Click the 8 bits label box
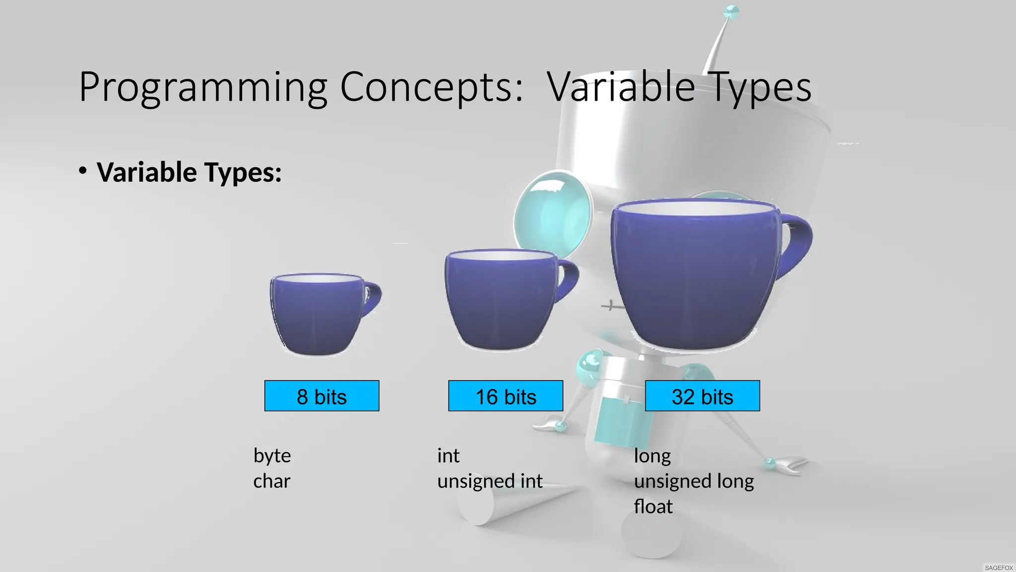pyautogui.click(x=321, y=396)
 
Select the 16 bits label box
pyautogui.click(x=506, y=396)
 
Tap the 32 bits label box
pyautogui.click(x=702, y=396)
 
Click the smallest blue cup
pyautogui.click(x=317, y=315)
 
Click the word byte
pyautogui.click(x=272, y=456)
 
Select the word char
pyautogui.click(x=271, y=481)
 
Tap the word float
pyautogui.click(x=653, y=507)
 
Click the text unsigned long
pyautogui.click(x=694, y=481)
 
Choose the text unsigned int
pyautogui.click(x=490, y=481)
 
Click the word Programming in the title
pyautogui.click(x=202, y=87)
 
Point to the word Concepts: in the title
pyautogui.click(x=431, y=87)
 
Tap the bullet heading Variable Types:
pyautogui.click(x=189, y=172)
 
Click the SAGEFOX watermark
pyautogui.click(x=999, y=568)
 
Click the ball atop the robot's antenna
pyautogui.click(x=731, y=11)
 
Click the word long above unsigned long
pyautogui.click(x=652, y=456)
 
